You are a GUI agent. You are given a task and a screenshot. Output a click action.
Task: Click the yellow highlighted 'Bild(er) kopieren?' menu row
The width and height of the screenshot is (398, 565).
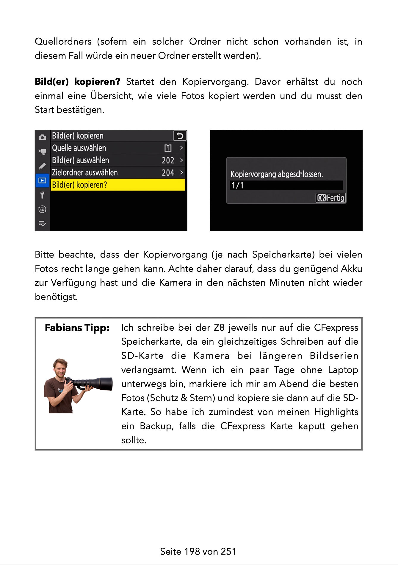[x=117, y=185]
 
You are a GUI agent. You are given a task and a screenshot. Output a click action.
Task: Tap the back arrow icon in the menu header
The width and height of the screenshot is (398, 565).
[x=180, y=136]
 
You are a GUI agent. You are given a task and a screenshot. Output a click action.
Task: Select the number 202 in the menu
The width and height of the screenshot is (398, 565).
[x=168, y=160]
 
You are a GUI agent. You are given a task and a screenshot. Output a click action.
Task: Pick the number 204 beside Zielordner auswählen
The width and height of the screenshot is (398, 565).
[x=168, y=172]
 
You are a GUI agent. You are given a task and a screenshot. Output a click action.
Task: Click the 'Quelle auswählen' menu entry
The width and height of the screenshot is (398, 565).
[x=79, y=148]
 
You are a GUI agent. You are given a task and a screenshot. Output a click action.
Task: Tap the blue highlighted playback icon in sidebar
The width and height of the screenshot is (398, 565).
[x=42, y=181]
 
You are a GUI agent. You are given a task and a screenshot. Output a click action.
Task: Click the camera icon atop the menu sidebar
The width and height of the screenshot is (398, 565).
[x=42, y=137]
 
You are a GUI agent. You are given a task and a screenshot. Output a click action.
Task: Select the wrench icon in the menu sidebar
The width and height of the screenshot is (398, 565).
[x=42, y=195]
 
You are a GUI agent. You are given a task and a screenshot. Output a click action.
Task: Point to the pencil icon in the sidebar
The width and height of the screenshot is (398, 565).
[x=42, y=166]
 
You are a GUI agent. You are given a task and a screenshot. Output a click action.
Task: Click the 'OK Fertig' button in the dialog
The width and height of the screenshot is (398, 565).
[x=330, y=198]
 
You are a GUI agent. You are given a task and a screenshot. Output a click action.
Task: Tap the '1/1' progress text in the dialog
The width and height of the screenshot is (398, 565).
[x=237, y=185]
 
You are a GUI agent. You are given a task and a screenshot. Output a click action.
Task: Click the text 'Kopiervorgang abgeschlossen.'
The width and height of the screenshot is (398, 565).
[x=276, y=174]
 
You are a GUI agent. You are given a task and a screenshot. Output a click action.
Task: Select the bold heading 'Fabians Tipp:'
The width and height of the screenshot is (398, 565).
[x=77, y=328]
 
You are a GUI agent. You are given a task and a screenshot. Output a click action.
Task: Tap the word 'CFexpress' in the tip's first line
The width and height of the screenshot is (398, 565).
[x=336, y=327]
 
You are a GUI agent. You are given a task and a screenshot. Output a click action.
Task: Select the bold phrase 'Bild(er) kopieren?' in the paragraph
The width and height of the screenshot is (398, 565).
[x=77, y=81]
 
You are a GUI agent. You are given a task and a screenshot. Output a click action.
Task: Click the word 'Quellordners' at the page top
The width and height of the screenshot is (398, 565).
[x=63, y=41]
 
